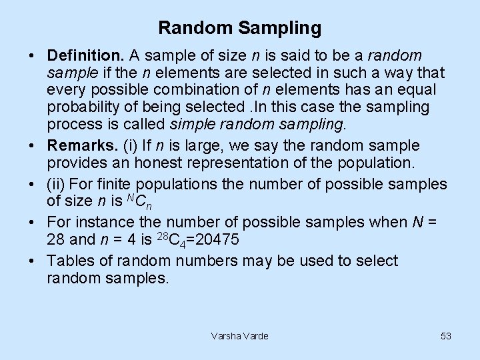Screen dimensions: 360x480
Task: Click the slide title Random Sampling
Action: tap(240, 28)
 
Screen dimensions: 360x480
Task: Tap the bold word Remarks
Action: tap(78, 145)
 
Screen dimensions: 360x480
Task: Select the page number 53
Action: tap(446, 336)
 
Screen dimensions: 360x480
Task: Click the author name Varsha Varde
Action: tap(239, 336)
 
